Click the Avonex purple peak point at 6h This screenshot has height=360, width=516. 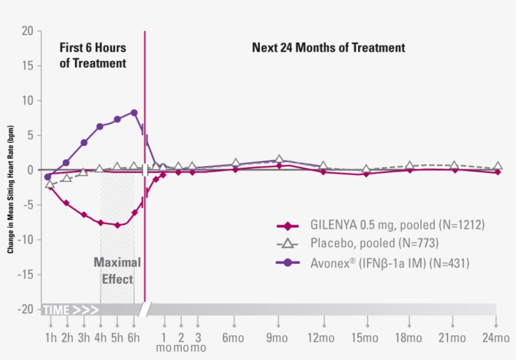[x=134, y=113]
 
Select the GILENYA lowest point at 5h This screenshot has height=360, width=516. [x=117, y=225]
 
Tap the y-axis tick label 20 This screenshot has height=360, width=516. [x=27, y=31]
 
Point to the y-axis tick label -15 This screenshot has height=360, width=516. [x=25, y=274]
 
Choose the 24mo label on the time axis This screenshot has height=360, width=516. [x=496, y=339]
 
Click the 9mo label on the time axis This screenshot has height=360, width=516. [x=278, y=339]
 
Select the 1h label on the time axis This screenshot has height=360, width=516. [x=50, y=339]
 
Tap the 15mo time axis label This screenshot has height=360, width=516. [x=366, y=339]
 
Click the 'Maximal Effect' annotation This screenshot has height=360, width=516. [x=117, y=271]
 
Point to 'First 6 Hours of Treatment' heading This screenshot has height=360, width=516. [x=93, y=55]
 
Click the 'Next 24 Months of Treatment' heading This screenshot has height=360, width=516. [x=328, y=48]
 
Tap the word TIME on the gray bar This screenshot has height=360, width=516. [x=56, y=310]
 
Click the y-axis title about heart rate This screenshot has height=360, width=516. [x=11, y=189]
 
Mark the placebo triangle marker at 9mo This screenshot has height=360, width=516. [x=279, y=160]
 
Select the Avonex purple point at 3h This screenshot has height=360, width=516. [x=84, y=143]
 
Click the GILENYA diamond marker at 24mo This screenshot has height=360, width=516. [x=497, y=172]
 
